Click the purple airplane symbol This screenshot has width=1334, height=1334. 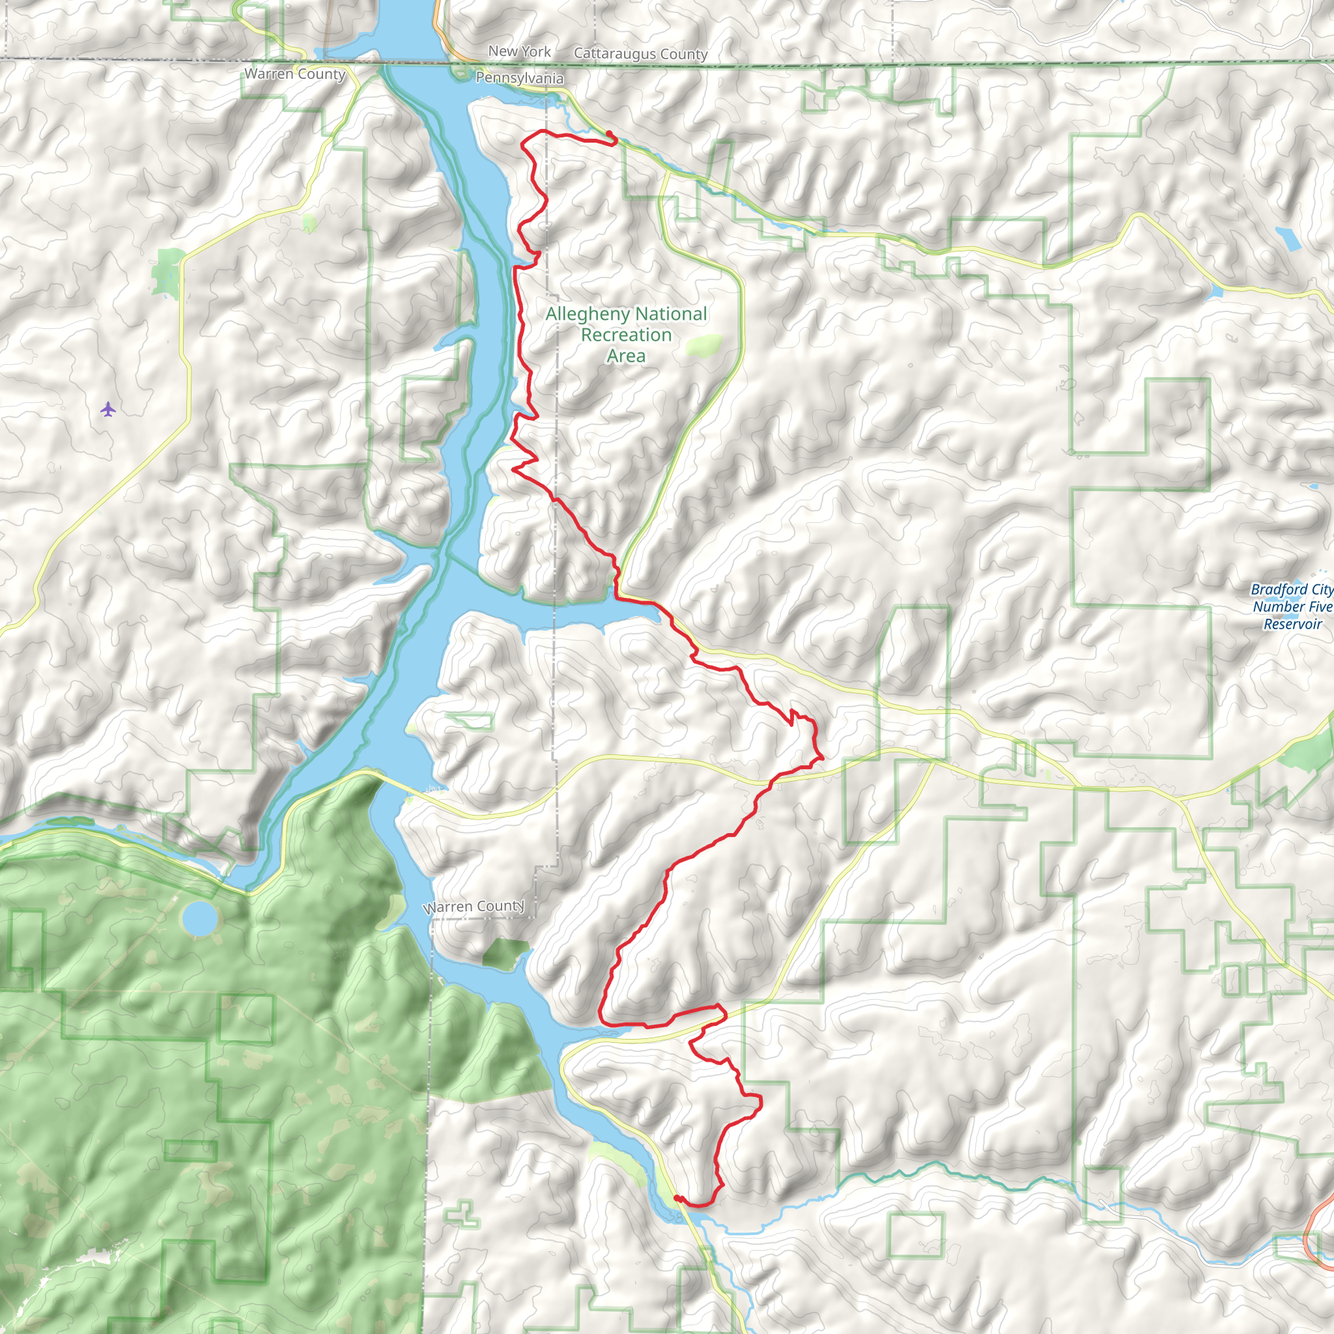click(x=107, y=410)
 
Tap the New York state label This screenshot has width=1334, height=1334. click(x=519, y=51)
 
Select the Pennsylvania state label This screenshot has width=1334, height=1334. click(x=519, y=78)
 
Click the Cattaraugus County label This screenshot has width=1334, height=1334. click(x=640, y=54)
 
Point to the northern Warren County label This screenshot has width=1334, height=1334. click(x=294, y=74)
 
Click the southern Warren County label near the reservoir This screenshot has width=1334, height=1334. click(x=474, y=906)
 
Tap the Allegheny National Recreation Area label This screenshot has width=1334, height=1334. click(x=625, y=335)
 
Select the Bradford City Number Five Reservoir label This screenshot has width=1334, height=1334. click(x=1292, y=606)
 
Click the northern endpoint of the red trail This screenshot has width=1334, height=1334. click(x=609, y=133)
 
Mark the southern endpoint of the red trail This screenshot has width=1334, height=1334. click(x=676, y=1198)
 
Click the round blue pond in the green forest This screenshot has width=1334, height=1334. click(x=199, y=918)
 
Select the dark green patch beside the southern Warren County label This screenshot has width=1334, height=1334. click(x=505, y=954)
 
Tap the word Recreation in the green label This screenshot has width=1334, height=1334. click(x=625, y=335)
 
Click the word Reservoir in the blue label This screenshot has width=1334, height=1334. click(x=1292, y=624)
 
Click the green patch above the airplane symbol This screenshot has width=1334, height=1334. click(x=168, y=271)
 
